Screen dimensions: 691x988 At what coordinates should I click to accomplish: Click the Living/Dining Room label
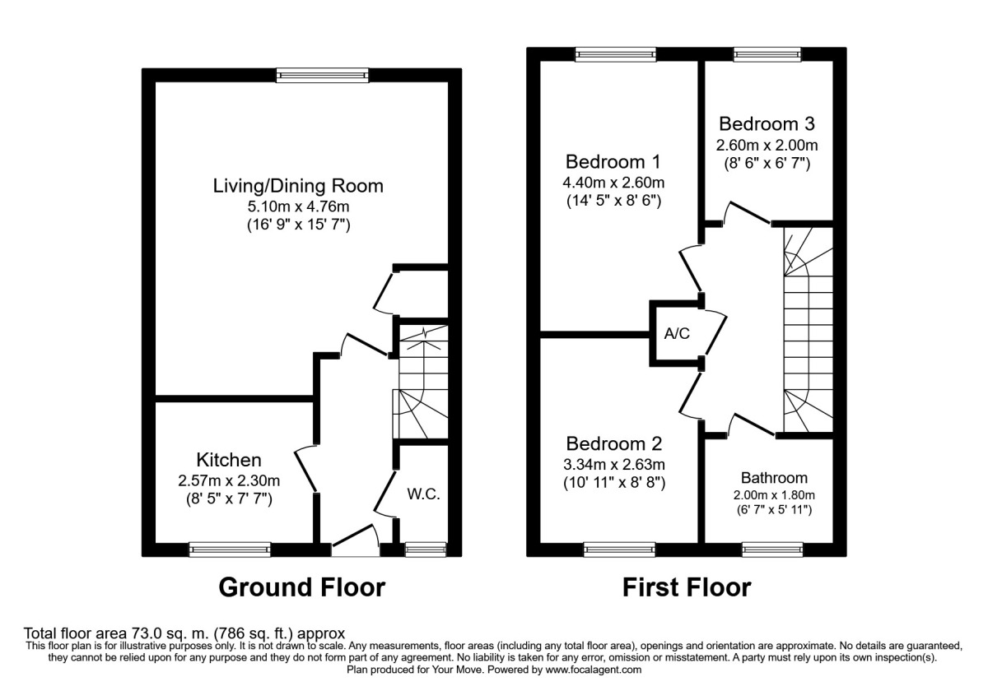(x=298, y=186)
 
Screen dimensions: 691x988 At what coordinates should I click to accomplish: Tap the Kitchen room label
(x=229, y=460)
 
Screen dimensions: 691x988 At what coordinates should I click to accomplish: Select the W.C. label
(x=424, y=494)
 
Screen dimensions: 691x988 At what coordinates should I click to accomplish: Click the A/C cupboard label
(x=677, y=334)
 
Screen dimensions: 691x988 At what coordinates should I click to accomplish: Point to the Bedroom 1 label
(x=613, y=160)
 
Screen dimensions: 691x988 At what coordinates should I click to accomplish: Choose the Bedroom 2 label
(x=613, y=444)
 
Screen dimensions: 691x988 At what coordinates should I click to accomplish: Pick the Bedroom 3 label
(x=767, y=124)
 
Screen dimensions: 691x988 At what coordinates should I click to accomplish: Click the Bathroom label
(x=774, y=477)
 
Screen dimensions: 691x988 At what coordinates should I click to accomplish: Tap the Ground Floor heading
(x=301, y=588)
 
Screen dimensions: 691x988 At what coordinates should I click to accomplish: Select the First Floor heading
(x=686, y=588)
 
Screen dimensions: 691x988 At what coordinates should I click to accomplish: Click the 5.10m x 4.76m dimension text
(x=298, y=206)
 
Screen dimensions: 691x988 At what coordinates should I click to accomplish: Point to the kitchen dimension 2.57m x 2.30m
(x=229, y=480)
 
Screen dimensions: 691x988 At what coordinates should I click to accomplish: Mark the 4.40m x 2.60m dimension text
(x=613, y=182)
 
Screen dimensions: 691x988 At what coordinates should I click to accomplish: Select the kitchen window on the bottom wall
(x=230, y=549)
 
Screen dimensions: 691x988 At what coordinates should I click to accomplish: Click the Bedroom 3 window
(x=766, y=54)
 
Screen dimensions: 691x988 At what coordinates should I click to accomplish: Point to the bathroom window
(x=772, y=549)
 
